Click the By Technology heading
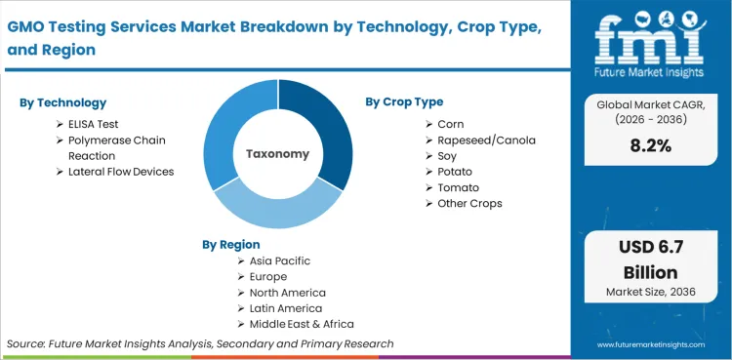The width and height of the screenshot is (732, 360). pos(63,102)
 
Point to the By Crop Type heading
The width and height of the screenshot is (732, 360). pos(404,101)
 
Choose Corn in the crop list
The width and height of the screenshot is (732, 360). pos(451,124)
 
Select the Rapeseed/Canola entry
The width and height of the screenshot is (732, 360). pos(486,140)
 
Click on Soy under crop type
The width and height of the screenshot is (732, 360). pos(448,155)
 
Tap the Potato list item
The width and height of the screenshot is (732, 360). pos(455,172)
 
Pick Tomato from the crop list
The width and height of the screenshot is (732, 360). pos(458,187)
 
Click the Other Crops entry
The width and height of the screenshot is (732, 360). pos(470,203)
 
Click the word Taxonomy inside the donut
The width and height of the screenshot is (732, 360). pos(277,154)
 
